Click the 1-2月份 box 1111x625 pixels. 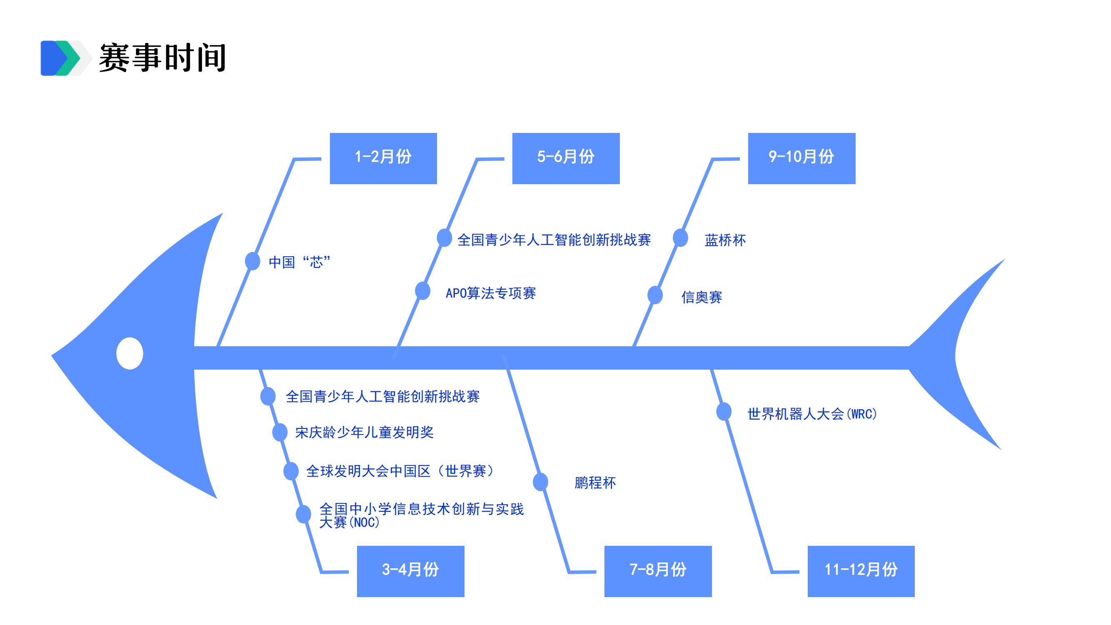click(383, 158)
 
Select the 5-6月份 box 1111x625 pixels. click(565, 158)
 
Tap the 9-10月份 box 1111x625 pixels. click(801, 158)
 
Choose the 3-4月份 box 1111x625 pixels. click(410, 571)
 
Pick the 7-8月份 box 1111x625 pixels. click(658, 571)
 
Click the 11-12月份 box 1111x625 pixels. click(861, 571)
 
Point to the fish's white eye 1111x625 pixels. click(130, 353)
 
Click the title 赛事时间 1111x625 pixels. click(162, 58)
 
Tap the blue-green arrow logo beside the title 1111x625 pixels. click(63, 58)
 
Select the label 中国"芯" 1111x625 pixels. click(300, 262)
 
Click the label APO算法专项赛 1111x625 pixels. click(490, 293)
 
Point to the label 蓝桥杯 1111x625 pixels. click(725, 240)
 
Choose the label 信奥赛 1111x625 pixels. click(702, 297)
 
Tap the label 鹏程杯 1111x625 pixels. click(595, 482)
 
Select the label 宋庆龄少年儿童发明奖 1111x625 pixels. click(365, 432)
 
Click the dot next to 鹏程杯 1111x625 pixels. click(540, 482)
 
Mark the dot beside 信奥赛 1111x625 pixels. click(655, 295)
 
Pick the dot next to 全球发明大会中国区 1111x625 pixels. click(291, 470)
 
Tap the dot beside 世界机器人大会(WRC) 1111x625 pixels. click(724, 412)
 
